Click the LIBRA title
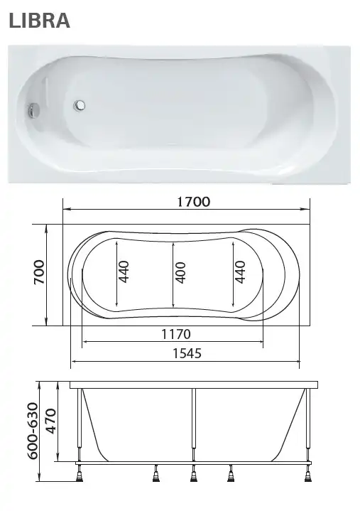pos(40,21)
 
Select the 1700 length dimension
pos(193,201)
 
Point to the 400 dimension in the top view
pos(180,272)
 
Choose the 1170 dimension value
pos(174,333)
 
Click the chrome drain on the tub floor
pos(80,107)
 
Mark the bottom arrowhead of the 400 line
pos(173,308)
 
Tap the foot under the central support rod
pos(192,474)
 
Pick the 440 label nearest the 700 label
pos(124,272)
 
